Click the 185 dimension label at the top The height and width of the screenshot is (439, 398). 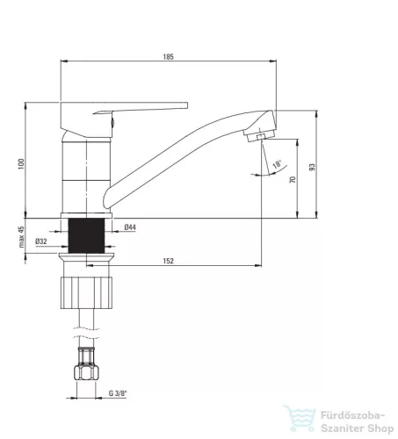[x=169, y=56]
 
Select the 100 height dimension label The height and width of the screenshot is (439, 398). [x=21, y=164]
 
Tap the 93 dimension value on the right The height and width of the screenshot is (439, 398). [x=312, y=167]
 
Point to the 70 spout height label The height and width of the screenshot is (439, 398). [x=293, y=179]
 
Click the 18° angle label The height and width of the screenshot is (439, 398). [x=277, y=164]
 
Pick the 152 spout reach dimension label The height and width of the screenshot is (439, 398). [x=169, y=261]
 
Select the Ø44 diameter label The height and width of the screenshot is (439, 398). [x=130, y=227]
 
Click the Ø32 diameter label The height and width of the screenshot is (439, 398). [x=41, y=241]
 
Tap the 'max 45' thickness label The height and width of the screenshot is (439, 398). [x=21, y=237]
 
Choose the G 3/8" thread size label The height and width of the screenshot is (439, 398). [x=118, y=393]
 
